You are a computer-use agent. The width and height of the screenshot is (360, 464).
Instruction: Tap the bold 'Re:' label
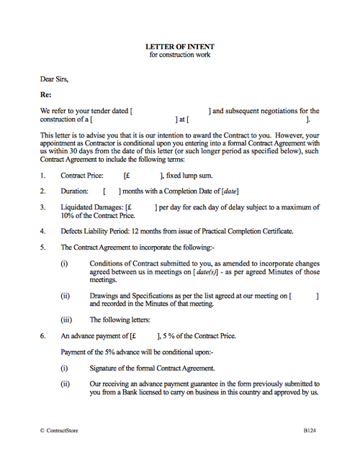pyautogui.click(x=46, y=94)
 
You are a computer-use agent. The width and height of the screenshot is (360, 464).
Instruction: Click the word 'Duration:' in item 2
pyautogui.click(x=75, y=191)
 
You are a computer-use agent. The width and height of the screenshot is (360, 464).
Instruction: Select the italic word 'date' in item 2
pyautogui.click(x=227, y=191)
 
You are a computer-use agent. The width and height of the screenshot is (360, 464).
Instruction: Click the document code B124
pyautogui.click(x=310, y=429)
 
